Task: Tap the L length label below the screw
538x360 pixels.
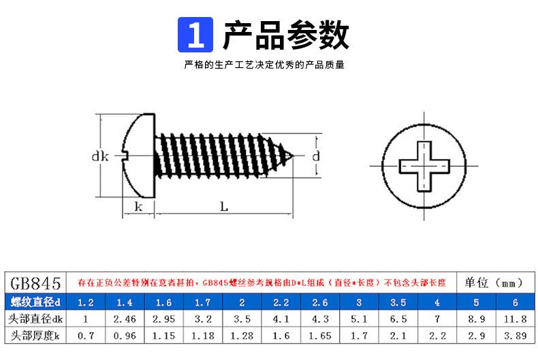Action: pos(223,206)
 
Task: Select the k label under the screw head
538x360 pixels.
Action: pos(138,206)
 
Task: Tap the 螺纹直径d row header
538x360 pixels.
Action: pos(37,301)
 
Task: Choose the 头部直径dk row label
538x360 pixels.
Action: pos(37,318)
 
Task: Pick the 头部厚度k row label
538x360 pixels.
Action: pos(37,336)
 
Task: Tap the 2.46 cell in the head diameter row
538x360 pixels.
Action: pos(124,318)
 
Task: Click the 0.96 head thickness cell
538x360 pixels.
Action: pos(124,336)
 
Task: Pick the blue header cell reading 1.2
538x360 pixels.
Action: pos(86,301)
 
